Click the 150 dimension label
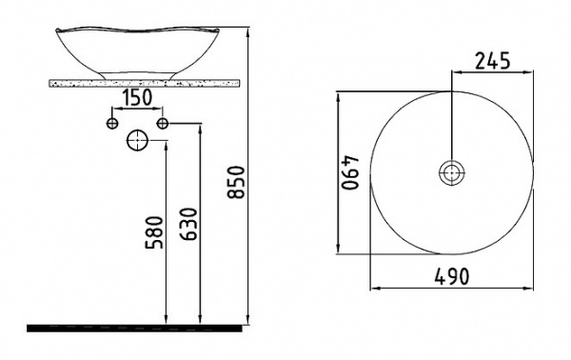136,97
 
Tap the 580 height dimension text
153,232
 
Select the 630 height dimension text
188,224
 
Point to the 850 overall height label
235,182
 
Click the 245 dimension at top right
492,61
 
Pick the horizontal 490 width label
452,276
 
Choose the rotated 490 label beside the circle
350,173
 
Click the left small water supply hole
112,124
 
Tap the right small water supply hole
163,124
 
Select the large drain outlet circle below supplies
137,140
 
